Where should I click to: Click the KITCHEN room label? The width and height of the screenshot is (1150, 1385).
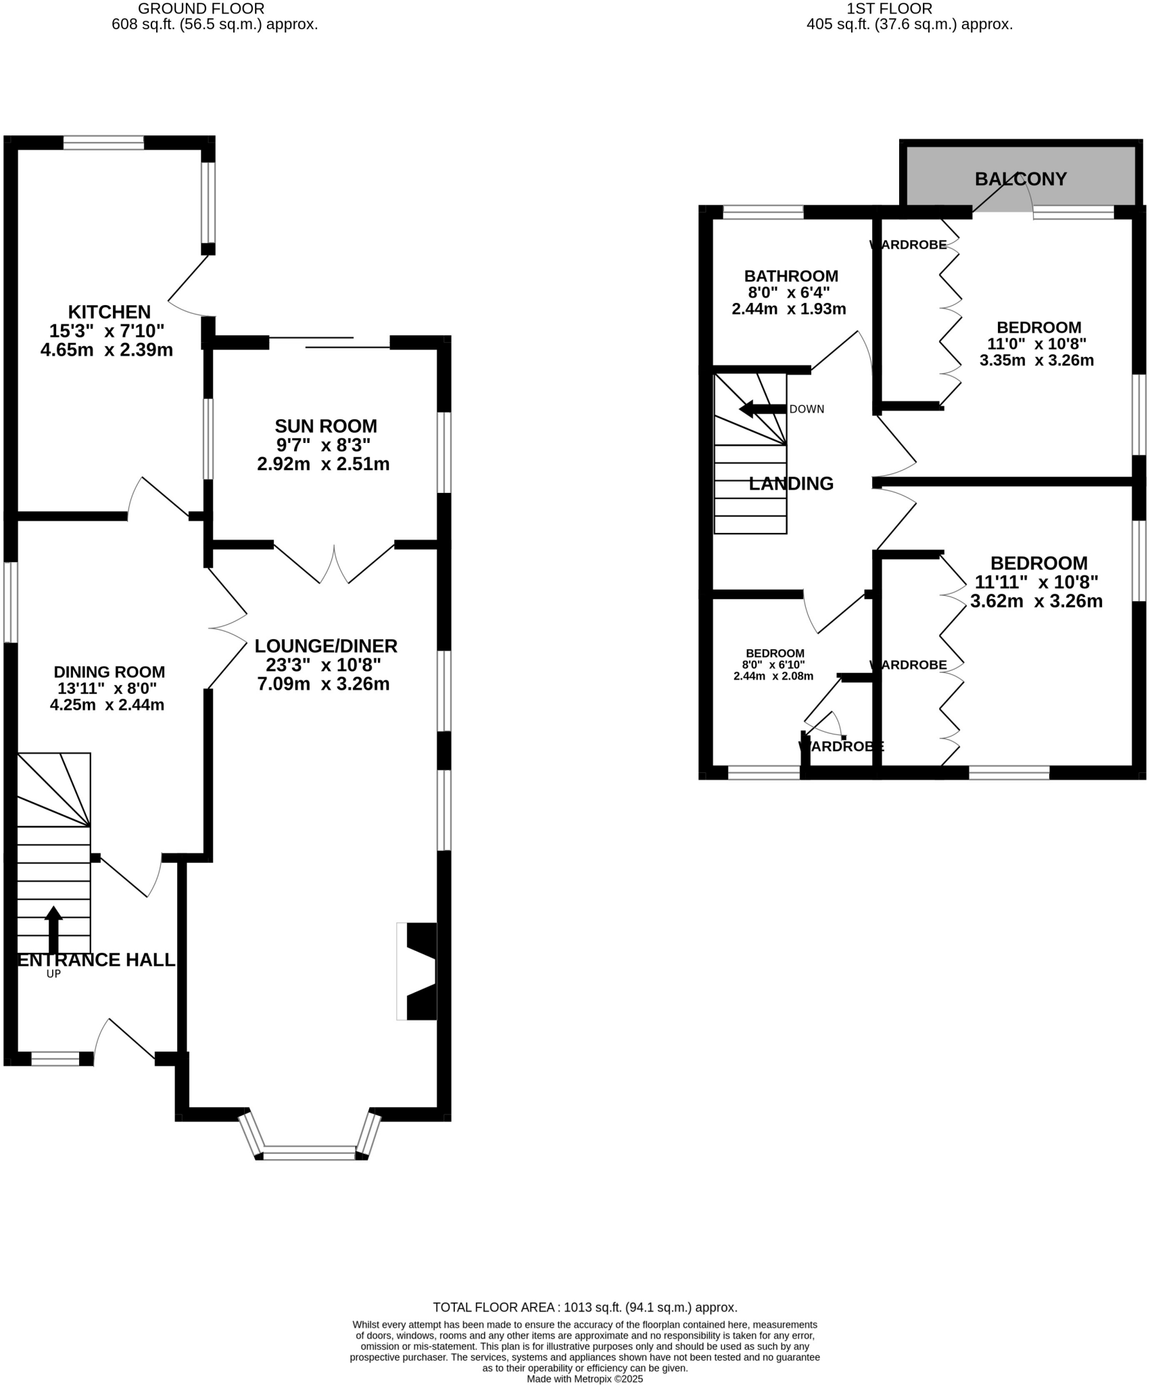tap(110, 312)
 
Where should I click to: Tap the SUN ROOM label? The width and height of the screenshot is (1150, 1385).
tap(325, 427)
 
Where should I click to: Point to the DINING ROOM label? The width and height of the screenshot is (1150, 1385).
tap(110, 672)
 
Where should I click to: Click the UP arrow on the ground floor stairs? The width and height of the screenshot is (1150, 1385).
tap(53, 930)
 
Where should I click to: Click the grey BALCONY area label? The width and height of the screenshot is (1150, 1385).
tap(1020, 179)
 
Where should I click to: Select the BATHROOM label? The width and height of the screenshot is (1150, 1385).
tap(791, 277)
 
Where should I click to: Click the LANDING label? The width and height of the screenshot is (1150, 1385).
tap(791, 484)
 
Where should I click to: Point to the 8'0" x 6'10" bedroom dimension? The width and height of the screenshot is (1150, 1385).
tap(773, 665)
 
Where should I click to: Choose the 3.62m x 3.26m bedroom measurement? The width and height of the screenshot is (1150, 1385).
tap(1036, 601)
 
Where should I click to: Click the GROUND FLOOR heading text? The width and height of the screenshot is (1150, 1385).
tap(201, 9)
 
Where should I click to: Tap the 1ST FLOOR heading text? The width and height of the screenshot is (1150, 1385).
tap(889, 9)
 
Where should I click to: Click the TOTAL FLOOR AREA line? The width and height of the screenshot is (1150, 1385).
tap(585, 1307)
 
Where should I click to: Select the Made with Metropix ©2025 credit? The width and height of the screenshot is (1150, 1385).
tap(585, 1378)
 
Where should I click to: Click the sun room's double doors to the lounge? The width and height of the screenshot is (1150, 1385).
tap(334, 563)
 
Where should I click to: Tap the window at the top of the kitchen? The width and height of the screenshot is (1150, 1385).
tap(103, 143)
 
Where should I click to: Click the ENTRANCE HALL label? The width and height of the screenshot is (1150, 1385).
tap(97, 960)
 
